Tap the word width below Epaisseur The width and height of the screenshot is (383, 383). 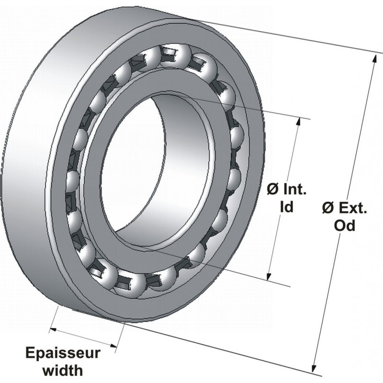point(63,370)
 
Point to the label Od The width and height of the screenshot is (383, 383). point(344,226)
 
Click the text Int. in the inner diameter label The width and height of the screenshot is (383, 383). point(293,191)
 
